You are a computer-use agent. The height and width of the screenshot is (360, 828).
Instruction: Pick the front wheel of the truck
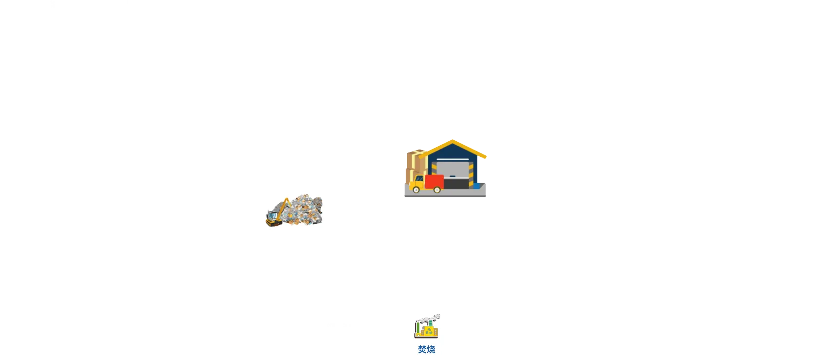[416, 190]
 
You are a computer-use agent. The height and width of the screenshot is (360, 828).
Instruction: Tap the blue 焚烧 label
[426, 349]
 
